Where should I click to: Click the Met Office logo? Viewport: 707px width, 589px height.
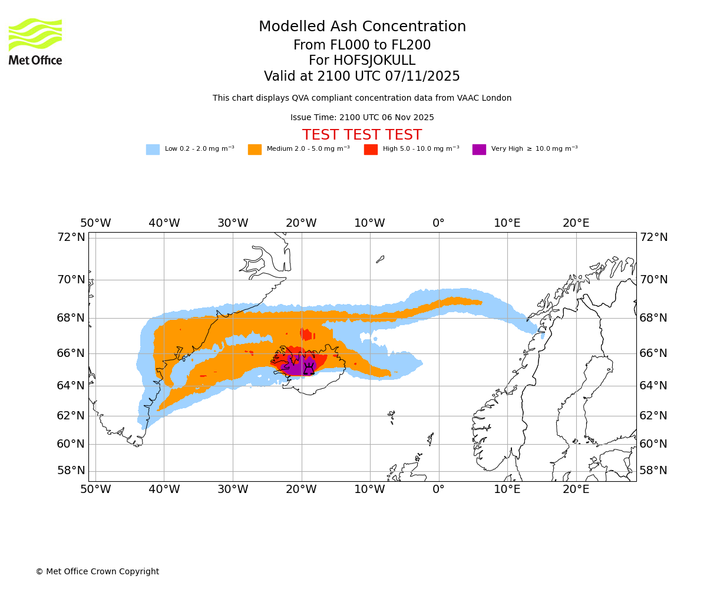pos(35,42)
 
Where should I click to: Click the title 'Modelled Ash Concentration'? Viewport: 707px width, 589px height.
pos(362,27)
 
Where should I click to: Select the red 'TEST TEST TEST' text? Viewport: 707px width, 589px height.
pos(362,135)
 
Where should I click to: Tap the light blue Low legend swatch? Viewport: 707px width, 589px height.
pos(153,150)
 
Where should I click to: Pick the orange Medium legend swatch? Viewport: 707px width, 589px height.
pos(255,150)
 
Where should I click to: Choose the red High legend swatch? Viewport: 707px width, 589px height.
pos(371,150)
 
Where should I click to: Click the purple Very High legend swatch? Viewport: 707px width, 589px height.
pos(479,150)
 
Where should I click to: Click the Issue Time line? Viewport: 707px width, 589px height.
pos(362,118)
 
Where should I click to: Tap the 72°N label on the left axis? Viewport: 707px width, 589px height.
pos(71,237)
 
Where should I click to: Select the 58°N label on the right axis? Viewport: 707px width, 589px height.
pos(653,471)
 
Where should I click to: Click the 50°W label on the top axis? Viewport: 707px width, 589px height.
pos(95,224)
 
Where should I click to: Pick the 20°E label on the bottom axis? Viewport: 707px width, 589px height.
pos(576,489)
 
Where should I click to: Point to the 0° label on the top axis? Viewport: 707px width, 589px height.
pos(438,224)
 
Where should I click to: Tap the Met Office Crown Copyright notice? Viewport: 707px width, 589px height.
pos(97,572)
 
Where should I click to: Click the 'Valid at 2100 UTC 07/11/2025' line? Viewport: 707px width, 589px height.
pos(362,77)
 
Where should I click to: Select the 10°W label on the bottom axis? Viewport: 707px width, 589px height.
pos(369,489)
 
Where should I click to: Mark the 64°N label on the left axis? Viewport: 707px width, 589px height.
pos(71,386)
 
